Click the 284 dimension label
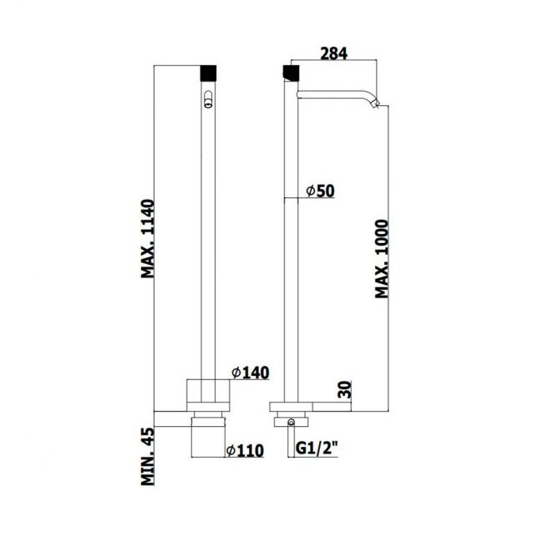tap(333, 53)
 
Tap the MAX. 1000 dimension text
tap(383, 260)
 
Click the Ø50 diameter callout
tap(320, 191)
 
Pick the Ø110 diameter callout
tap(245, 450)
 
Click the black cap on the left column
tap(208, 71)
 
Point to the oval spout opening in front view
tap(208, 103)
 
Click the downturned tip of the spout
tap(377, 104)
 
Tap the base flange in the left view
tap(208, 392)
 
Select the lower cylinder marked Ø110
tap(208, 434)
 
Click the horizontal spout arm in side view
tap(334, 94)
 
